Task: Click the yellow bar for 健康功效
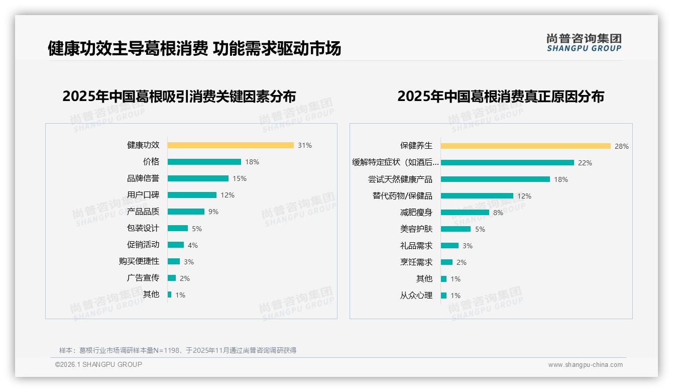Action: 231,145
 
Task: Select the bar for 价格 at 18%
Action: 204,162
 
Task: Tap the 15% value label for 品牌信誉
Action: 240,178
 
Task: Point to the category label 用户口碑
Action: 143,195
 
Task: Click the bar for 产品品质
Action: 186,212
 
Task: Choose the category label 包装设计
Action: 143,228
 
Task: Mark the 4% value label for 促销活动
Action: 193,245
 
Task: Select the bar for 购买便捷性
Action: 174,261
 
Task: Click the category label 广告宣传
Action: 143,278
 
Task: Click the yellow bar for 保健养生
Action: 526,146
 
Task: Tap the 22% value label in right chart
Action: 585,163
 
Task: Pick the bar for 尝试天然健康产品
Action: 495,179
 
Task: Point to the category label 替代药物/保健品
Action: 402,196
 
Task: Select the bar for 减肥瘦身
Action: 465,213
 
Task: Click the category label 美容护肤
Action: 416,229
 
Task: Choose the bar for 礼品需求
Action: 450,246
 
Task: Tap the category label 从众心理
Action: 416,296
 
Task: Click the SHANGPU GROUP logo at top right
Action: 584,43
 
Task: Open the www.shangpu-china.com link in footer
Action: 585,365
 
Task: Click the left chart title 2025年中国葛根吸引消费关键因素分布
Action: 179,96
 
